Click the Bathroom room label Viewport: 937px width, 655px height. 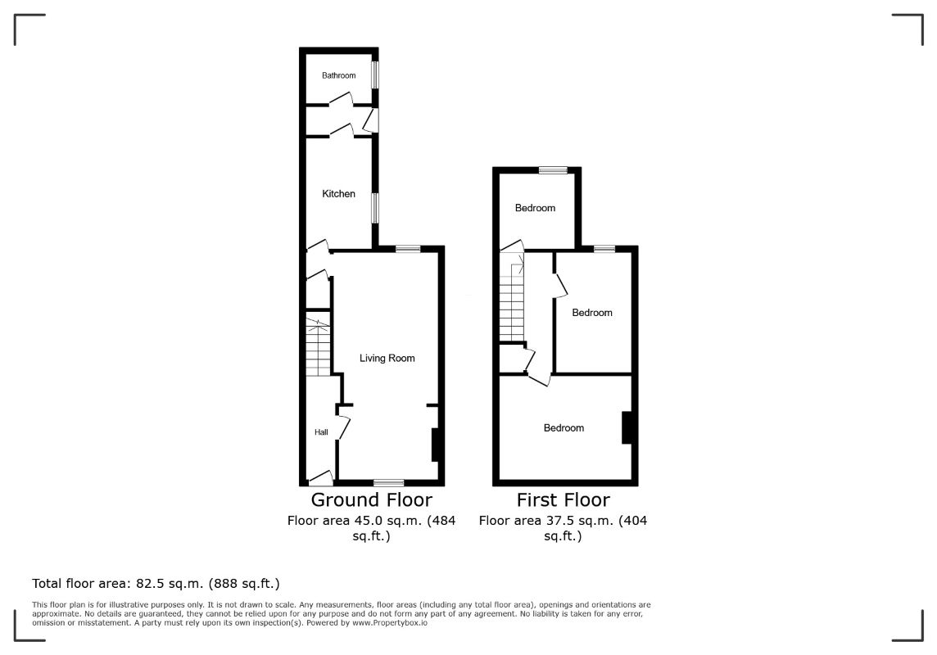338,75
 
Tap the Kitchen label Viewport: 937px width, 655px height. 338,194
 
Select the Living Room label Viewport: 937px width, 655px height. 387,358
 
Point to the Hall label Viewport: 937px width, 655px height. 321,432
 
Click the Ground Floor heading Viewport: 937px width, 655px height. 371,499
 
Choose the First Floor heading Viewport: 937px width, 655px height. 563,499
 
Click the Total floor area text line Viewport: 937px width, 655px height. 156,584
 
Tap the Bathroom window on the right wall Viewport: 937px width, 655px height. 375,75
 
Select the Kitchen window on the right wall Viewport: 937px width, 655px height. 375,208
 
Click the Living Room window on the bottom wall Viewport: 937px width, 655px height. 388,482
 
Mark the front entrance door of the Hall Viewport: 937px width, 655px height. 320,478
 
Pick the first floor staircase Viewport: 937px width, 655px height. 512,299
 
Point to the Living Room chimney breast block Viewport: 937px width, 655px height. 437,445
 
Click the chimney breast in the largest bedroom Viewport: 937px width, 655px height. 627,427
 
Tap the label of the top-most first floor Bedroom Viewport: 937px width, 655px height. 535,208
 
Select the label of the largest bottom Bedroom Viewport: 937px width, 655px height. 564,428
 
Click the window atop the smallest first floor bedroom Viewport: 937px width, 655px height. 553,170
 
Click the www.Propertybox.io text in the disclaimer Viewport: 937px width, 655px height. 389,623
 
